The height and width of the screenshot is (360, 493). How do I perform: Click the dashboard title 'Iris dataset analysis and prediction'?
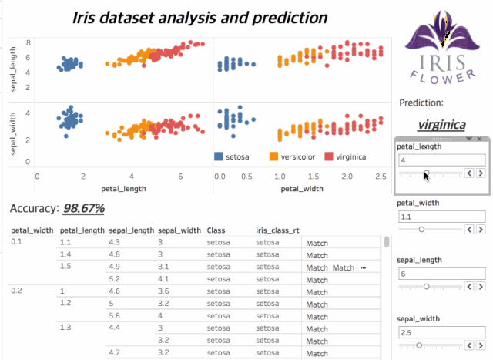(x=200, y=18)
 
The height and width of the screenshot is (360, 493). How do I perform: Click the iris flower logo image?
(x=442, y=47)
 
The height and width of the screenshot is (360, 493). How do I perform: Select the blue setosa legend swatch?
(x=219, y=156)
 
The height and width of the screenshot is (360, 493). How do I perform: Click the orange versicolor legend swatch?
(x=273, y=156)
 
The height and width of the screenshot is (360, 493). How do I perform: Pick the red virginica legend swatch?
(x=329, y=156)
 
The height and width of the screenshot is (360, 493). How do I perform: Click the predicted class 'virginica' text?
(x=441, y=125)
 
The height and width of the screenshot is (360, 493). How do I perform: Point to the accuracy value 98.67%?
(x=84, y=208)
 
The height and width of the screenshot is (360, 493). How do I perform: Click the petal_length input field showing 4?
(x=441, y=160)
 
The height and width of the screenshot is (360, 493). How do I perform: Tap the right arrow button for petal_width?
(x=481, y=230)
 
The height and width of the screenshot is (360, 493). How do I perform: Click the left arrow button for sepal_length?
(x=469, y=286)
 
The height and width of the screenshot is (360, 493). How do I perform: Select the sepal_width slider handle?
(x=419, y=345)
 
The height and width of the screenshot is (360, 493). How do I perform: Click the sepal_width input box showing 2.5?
(x=441, y=332)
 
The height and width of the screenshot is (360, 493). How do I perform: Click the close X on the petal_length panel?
(x=479, y=139)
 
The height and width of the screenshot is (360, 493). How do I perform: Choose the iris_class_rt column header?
(x=277, y=230)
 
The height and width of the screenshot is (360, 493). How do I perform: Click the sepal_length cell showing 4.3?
(x=114, y=242)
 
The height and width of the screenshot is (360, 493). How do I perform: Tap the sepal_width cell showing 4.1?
(x=163, y=279)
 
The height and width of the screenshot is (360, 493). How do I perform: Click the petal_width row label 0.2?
(x=17, y=291)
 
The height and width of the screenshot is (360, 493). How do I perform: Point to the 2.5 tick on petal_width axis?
(x=381, y=177)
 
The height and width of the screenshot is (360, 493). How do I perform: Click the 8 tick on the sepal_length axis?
(x=29, y=43)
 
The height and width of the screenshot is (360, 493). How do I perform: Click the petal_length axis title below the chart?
(x=123, y=189)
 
